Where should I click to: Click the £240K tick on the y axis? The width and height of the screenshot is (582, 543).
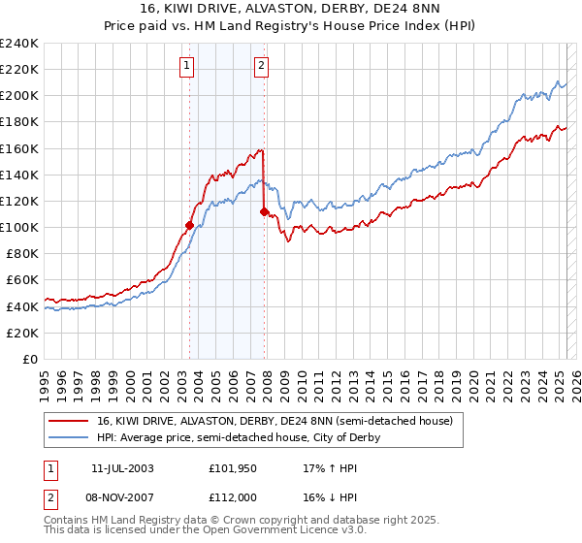18,44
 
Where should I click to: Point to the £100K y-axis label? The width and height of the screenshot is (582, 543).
18,227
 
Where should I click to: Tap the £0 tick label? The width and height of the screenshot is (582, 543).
29,359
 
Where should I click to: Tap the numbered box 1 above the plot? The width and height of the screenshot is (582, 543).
186,66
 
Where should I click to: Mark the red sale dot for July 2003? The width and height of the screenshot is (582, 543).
189,225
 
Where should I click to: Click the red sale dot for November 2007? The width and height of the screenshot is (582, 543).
264,211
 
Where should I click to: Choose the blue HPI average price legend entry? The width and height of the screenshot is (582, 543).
239,437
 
